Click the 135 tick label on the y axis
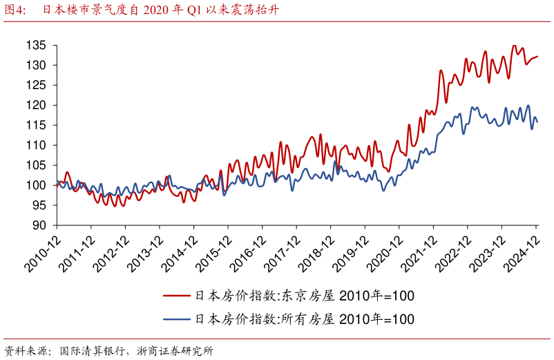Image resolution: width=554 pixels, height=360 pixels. (x=36, y=46)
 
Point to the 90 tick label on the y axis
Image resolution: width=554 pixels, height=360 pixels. (x=39, y=226)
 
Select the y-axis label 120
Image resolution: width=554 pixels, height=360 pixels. (x=36, y=106)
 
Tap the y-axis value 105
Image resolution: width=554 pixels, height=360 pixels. (x=36, y=166)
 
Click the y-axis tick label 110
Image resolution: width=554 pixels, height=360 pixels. (x=36, y=146)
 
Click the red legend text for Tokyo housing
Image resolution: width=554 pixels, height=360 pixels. (x=305, y=296)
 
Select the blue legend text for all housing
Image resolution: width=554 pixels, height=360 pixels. (x=305, y=319)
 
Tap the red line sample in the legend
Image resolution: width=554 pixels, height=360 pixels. (x=177, y=296)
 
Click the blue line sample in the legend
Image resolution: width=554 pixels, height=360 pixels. (x=177, y=319)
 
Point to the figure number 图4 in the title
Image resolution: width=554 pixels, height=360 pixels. (x=15, y=10)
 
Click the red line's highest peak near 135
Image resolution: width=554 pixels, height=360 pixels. (x=513, y=46)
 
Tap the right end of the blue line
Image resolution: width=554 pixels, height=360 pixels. (x=537, y=122)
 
